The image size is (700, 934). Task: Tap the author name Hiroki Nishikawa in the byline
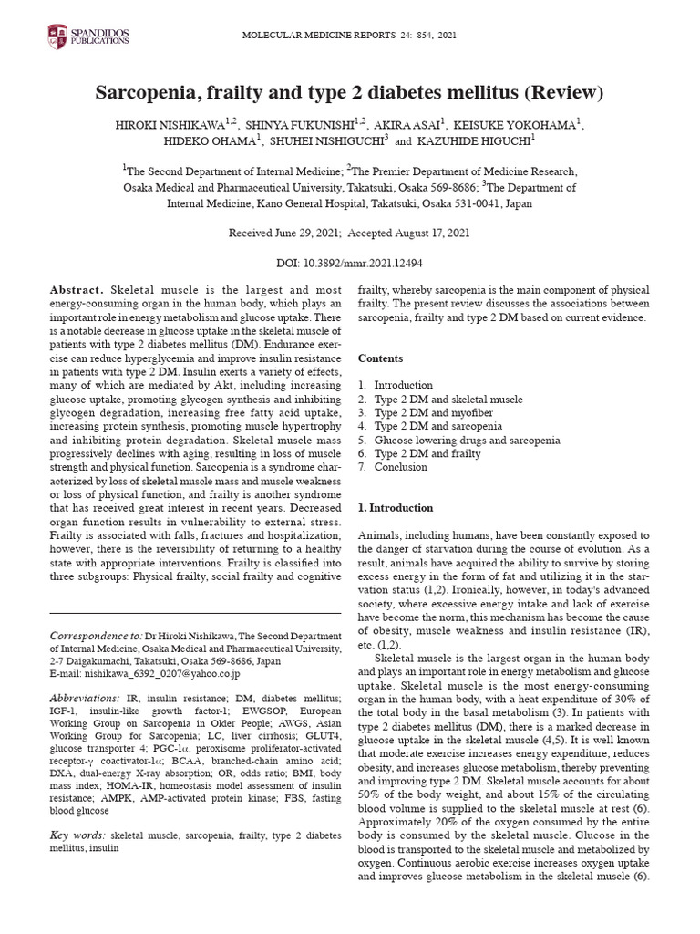pos(163,125)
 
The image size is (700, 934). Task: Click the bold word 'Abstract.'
pos(77,289)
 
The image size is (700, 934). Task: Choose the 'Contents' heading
pos(381,358)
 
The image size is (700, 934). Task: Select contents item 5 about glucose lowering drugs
pos(454,440)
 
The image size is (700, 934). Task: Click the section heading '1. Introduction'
pos(396,507)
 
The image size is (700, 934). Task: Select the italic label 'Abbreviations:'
pos(91,698)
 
